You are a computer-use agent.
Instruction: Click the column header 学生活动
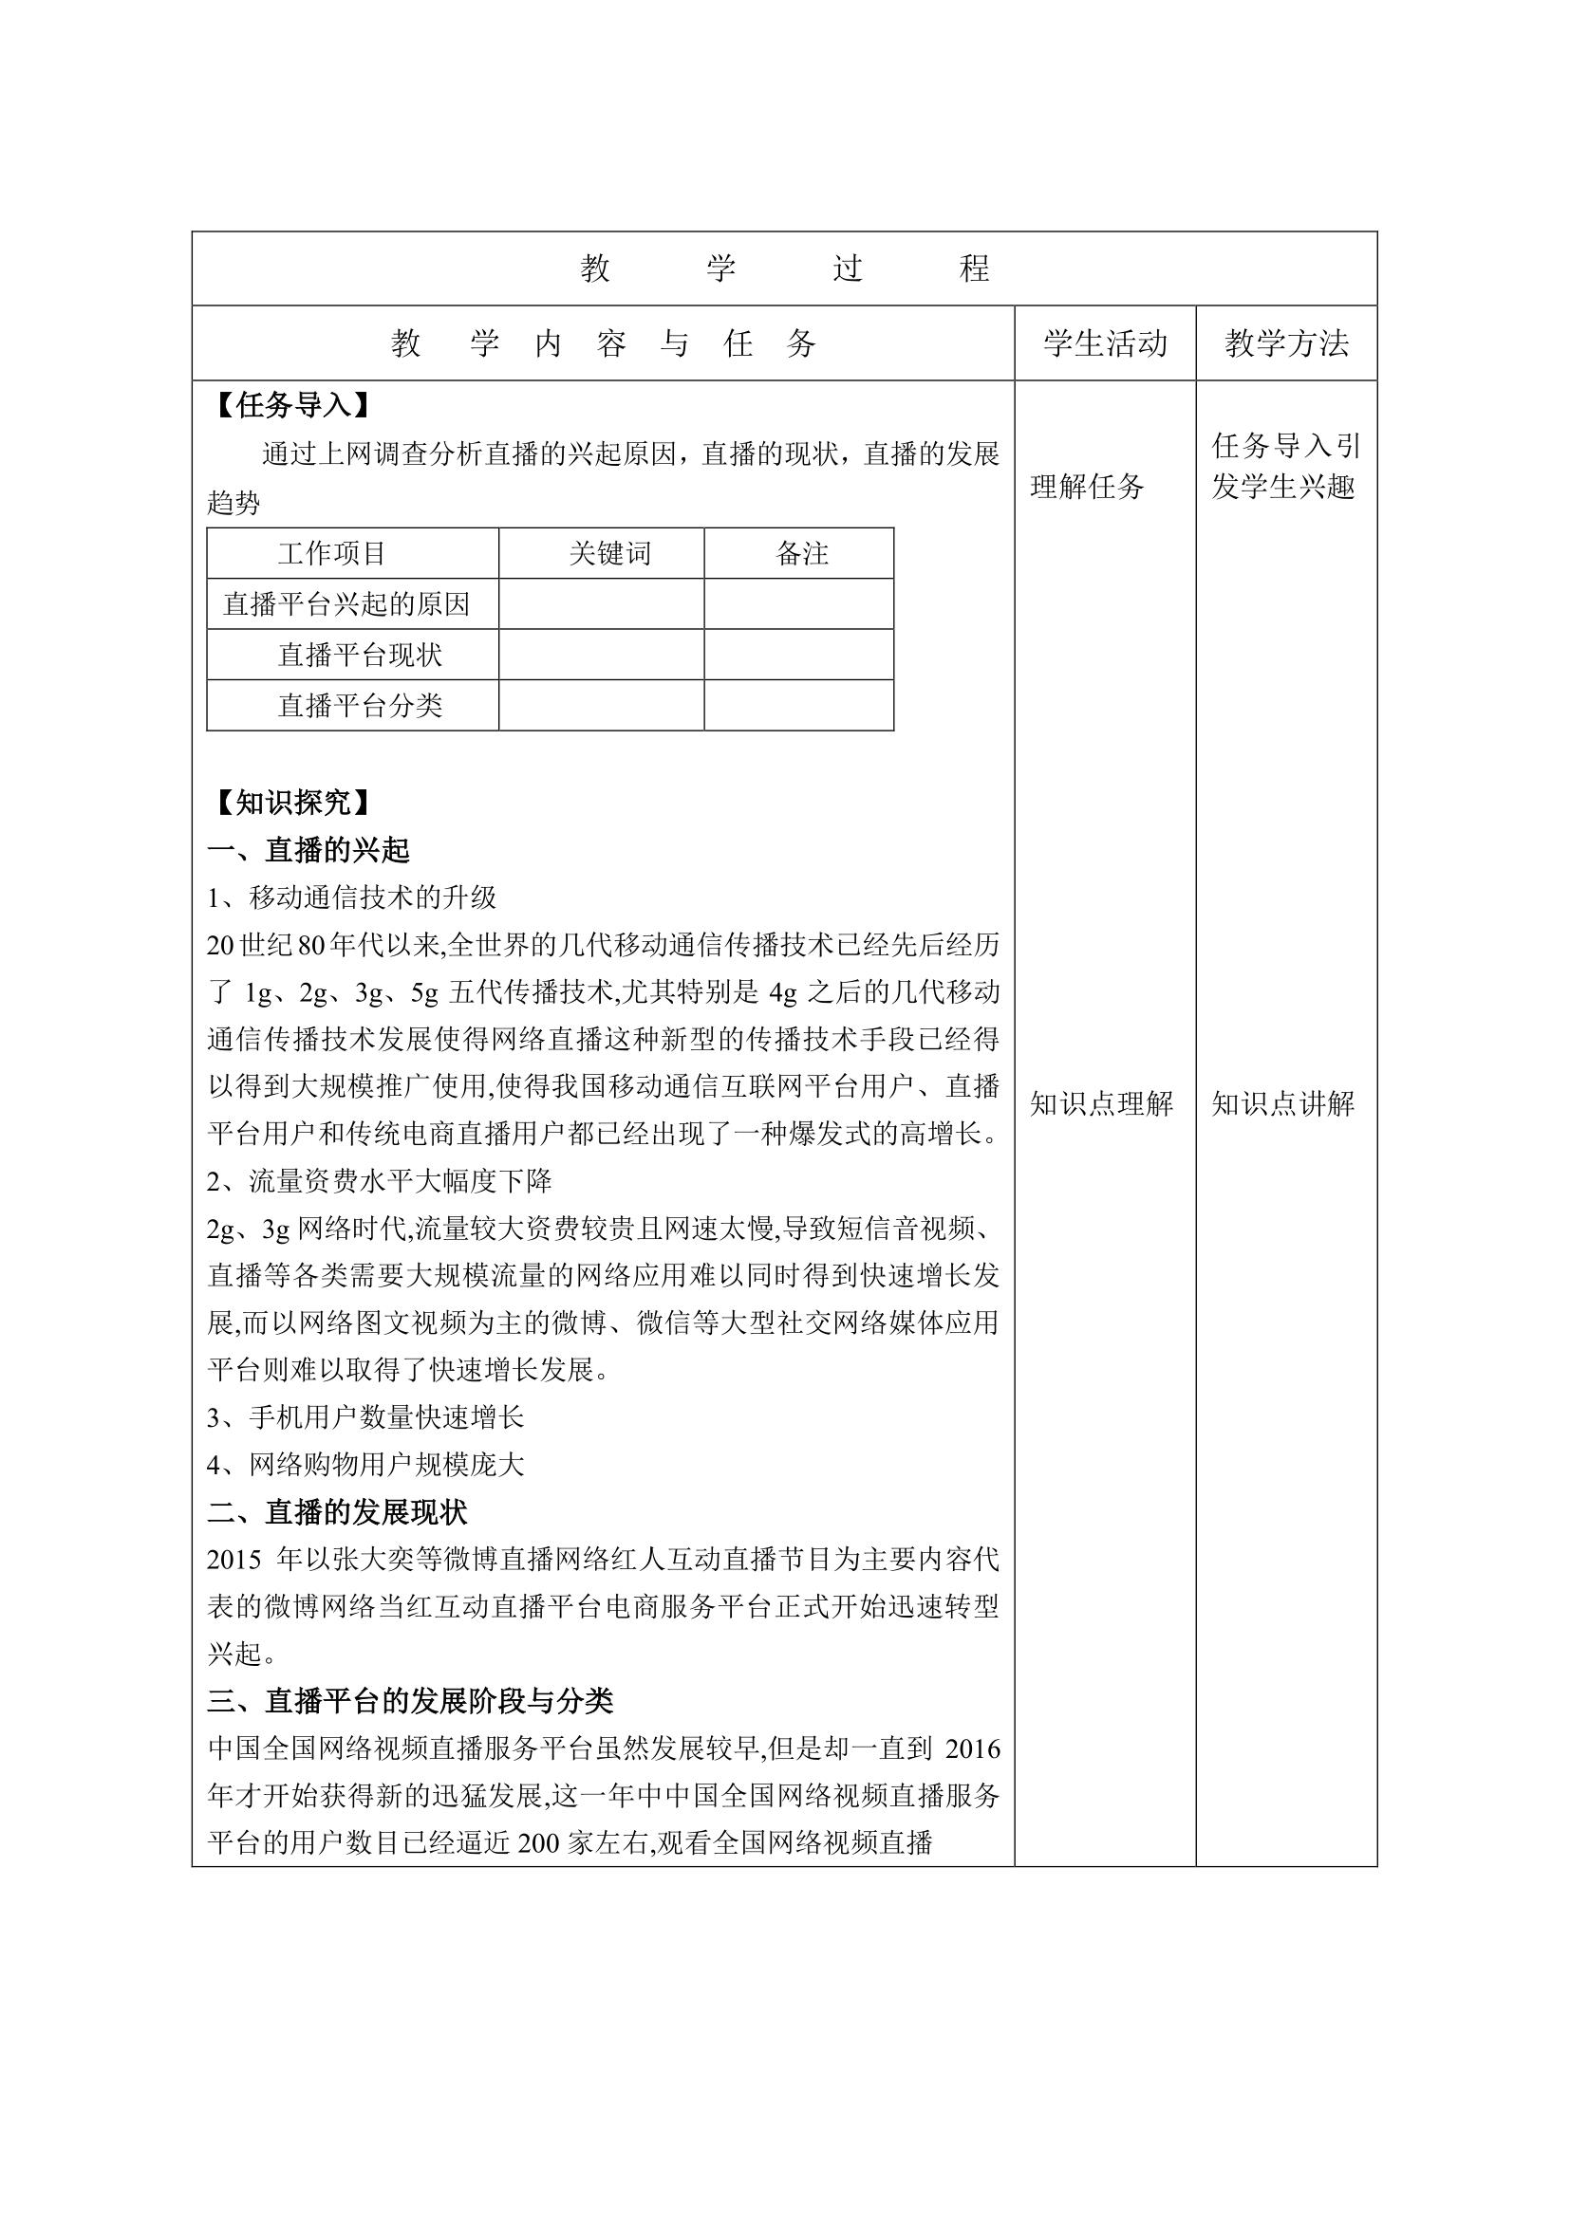click(1104, 343)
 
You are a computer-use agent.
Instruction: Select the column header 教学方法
click(1286, 343)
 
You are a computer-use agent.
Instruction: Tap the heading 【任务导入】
click(290, 405)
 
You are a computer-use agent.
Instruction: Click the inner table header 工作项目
click(331, 554)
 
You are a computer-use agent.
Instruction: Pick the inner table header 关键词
click(610, 554)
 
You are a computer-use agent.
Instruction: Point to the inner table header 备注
click(801, 554)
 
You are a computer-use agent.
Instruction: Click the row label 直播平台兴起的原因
click(346, 604)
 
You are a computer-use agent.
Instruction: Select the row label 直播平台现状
click(360, 656)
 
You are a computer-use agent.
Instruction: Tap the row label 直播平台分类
click(360, 706)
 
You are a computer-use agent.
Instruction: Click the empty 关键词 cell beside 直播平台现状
click(601, 656)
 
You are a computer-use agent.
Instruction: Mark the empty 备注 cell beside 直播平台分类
click(798, 706)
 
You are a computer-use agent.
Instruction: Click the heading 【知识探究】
click(290, 803)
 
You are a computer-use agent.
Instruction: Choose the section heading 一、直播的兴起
click(308, 849)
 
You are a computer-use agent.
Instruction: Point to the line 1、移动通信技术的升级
click(352, 897)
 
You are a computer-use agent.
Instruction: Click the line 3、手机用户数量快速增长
click(365, 1416)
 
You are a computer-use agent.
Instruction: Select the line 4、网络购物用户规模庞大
click(365, 1464)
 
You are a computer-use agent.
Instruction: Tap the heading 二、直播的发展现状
click(337, 1511)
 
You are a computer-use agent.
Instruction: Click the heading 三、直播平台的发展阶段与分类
click(411, 1700)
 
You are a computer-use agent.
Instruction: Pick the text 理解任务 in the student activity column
click(1087, 486)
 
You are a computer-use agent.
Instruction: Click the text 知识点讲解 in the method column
click(1283, 1102)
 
